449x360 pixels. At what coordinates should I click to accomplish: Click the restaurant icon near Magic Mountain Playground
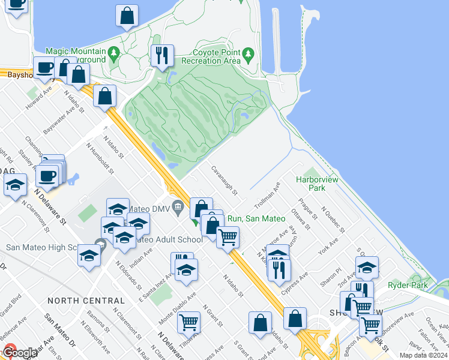[x=162, y=56]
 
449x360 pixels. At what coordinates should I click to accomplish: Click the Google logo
[x=19, y=353]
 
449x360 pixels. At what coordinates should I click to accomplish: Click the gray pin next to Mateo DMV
[x=177, y=208]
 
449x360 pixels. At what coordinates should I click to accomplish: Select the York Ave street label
[x=328, y=247]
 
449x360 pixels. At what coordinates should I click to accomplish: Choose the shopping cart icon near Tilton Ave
[x=188, y=323]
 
